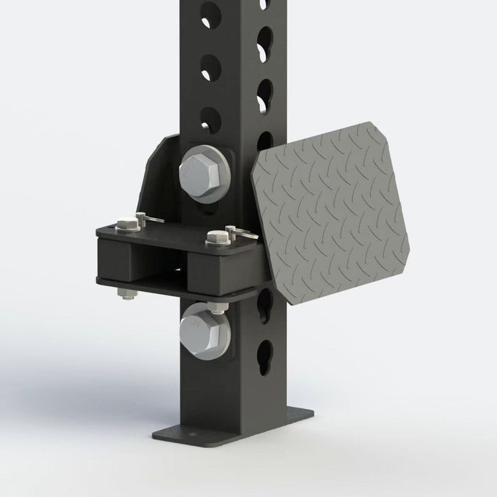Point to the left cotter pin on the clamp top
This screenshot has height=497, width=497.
151,219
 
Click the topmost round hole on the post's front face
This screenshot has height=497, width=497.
210,12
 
